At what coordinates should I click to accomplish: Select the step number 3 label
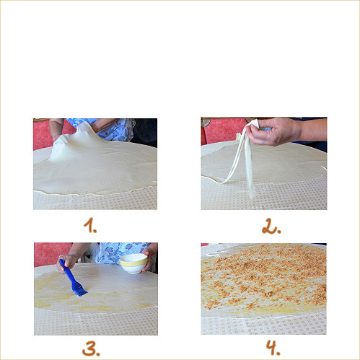(x=91, y=348)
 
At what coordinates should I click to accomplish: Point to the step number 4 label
(x=272, y=348)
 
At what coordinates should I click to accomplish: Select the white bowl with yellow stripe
(x=133, y=263)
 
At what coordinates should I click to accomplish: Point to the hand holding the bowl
(x=149, y=261)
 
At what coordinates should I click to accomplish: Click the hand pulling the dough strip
(x=274, y=132)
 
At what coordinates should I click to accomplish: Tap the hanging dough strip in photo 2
(x=242, y=162)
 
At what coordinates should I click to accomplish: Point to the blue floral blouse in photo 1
(x=115, y=128)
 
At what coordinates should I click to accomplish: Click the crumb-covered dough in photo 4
(x=263, y=278)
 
